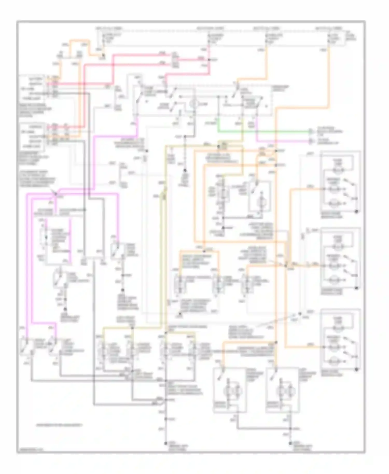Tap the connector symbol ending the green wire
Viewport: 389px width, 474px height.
[x=310, y=132]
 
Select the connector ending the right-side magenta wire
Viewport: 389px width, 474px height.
[x=310, y=142]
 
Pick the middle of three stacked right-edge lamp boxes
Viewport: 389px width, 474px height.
[x=341, y=259]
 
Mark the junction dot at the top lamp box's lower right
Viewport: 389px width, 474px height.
[x=356, y=212]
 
